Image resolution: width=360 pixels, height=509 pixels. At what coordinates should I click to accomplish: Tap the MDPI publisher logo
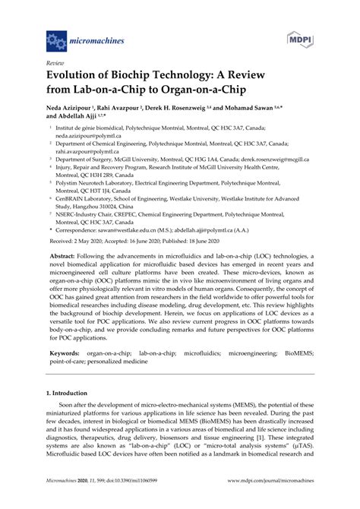(300, 37)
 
